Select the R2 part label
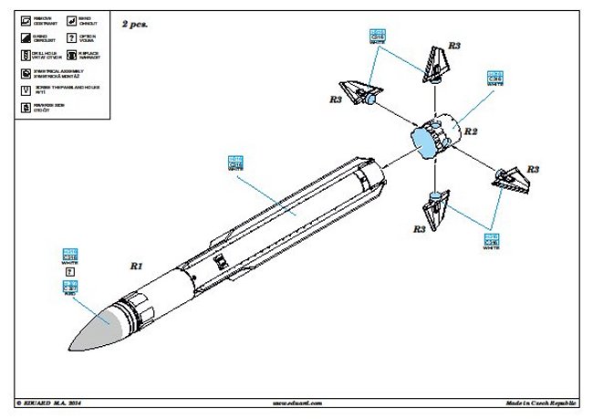pyautogui.click(x=472, y=131)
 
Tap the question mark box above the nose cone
pyautogui.click(x=69, y=271)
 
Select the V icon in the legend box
pyautogui.click(x=26, y=90)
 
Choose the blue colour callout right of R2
pyautogui.click(x=494, y=77)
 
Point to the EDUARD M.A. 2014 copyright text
pyautogui.click(x=51, y=402)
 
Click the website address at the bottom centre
pyautogui.click(x=296, y=402)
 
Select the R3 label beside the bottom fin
pyautogui.click(x=419, y=230)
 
